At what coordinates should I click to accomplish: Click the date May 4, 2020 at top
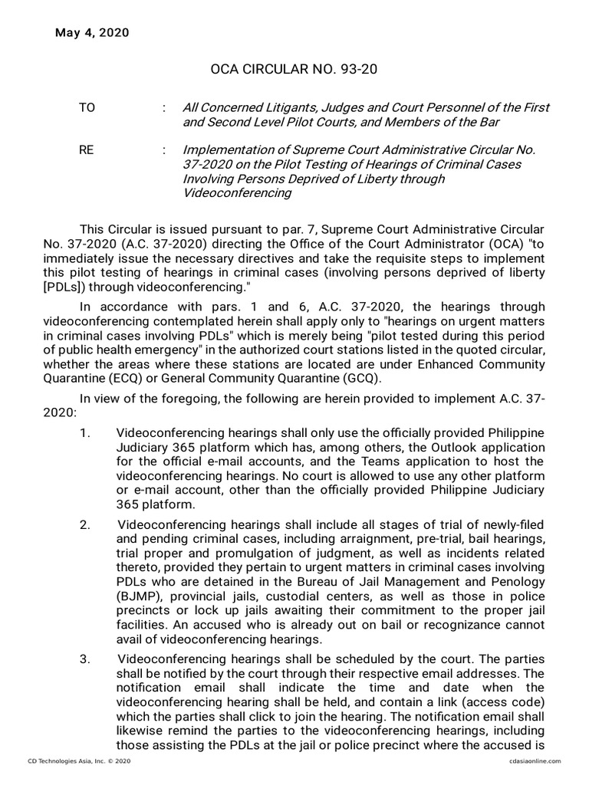(92, 32)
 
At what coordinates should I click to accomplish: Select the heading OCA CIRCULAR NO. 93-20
(294, 71)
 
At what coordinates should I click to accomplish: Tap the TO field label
(87, 108)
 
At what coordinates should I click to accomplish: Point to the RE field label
(86, 151)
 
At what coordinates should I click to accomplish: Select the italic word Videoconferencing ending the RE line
(237, 193)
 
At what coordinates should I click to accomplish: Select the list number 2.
(85, 524)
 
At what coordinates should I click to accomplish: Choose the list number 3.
(85, 660)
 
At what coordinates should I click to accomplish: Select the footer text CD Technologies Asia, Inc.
(60, 760)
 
